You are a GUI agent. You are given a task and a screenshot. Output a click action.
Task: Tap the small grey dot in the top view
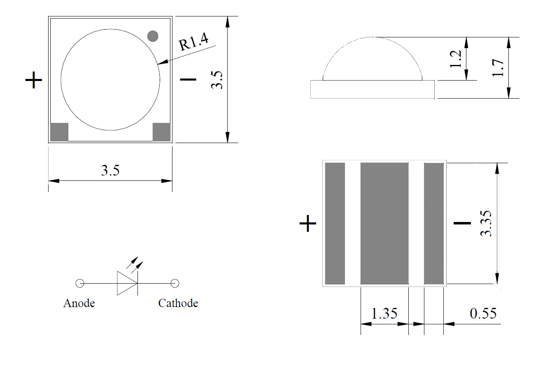point(153,36)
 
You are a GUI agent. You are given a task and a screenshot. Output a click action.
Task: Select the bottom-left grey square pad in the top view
point(59,132)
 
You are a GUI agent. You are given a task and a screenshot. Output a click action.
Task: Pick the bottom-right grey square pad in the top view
point(161,132)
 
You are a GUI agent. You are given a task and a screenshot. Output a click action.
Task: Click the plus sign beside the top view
point(34,80)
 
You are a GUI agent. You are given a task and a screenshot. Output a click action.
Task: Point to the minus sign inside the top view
point(189,79)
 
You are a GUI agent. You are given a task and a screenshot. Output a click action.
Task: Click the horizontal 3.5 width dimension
point(110,170)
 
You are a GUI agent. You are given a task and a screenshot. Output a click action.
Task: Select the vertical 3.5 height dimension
point(217,80)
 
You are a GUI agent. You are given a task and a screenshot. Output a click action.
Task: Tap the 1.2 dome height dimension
point(456,59)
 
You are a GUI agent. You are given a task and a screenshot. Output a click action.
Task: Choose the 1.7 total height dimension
point(498,68)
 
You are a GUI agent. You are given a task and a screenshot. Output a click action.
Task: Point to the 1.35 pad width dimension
point(384,314)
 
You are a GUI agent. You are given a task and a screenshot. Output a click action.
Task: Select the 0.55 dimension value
point(483,313)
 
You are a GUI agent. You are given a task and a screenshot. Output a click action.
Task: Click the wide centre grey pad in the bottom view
point(384,223)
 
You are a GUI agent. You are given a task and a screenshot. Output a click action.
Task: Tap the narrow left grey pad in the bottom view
point(335,223)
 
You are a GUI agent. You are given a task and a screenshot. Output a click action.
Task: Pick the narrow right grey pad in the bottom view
point(434,223)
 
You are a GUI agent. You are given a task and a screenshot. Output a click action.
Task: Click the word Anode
point(79,303)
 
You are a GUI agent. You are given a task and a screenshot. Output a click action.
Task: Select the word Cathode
point(178,303)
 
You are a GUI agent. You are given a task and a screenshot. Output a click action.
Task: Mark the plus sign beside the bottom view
point(308,224)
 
